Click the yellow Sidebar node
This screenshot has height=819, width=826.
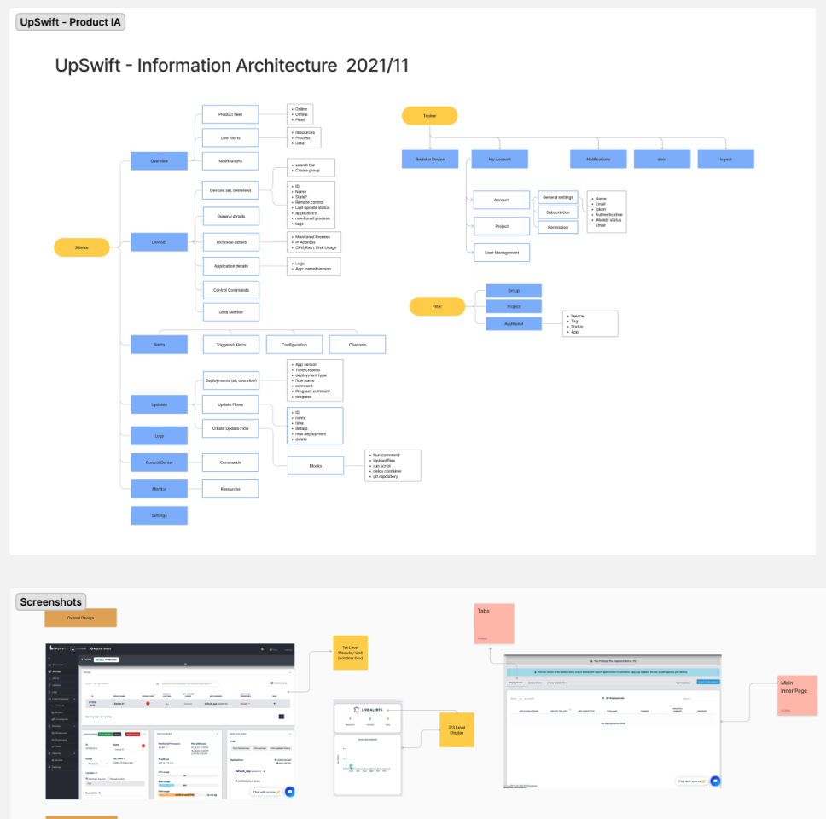pos(82,247)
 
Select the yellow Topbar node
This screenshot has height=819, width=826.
pos(430,116)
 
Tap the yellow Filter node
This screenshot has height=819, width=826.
pos(437,306)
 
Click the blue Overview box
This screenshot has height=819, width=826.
pos(159,161)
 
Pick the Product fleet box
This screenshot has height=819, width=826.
pos(230,114)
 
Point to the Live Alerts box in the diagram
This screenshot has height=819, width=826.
pos(230,138)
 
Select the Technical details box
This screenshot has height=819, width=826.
pos(230,242)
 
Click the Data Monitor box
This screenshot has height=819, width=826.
pos(230,312)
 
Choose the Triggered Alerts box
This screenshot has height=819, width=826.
pos(230,345)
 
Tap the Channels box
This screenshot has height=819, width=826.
pos(358,345)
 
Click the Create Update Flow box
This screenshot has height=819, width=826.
pos(230,427)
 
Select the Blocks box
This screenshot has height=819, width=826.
pos(315,466)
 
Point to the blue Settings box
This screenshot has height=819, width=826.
pos(159,515)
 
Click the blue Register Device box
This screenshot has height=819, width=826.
pos(430,160)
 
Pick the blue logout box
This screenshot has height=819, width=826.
pos(725,160)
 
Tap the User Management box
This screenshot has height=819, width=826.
pos(502,252)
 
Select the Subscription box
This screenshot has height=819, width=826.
pos(557,212)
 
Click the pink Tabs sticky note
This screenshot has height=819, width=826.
pos(495,624)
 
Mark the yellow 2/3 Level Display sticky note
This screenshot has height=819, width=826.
pos(457,729)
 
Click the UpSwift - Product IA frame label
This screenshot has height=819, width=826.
pos(71,21)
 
